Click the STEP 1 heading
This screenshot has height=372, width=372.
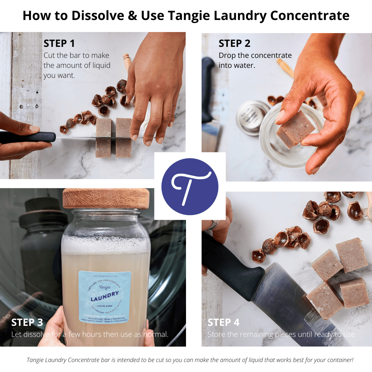click(x=59, y=44)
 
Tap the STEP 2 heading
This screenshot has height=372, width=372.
click(x=234, y=44)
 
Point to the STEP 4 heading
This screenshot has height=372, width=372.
click(x=223, y=322)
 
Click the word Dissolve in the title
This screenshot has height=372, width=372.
click(x=93, y=16)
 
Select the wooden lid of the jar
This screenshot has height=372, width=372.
click(x=106, y=199)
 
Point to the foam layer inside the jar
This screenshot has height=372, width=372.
click(x=105, y=244)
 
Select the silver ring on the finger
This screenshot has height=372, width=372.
click(x=213, y=225)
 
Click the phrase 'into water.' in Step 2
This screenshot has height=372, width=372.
click(x=237, y=65)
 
